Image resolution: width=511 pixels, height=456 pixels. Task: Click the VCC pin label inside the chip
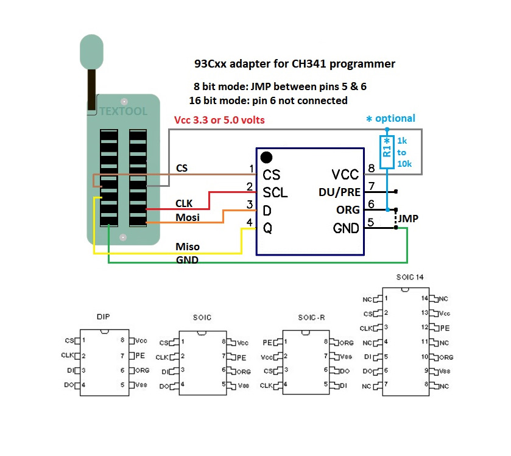[346, 175]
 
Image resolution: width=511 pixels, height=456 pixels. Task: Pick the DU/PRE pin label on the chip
[340, 192]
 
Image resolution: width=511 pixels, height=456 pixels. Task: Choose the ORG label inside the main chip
[348, 210]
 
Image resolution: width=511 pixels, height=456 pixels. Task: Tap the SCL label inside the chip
[275, 192]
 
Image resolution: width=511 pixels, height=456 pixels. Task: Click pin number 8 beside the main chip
[372, 169]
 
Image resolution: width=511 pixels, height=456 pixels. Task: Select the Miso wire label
[188, 247]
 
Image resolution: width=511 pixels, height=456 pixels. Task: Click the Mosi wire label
[188, 217]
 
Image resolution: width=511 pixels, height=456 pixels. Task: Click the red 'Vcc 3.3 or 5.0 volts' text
[220, 120]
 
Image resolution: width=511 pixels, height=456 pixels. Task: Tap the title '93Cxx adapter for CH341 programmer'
[294, 63]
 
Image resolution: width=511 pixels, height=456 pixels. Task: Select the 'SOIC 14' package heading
[409, 277]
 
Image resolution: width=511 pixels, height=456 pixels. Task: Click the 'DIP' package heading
[104, 317]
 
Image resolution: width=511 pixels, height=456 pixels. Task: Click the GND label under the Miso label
[187, 259]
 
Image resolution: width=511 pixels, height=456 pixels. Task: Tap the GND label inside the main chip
[346, 228]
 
